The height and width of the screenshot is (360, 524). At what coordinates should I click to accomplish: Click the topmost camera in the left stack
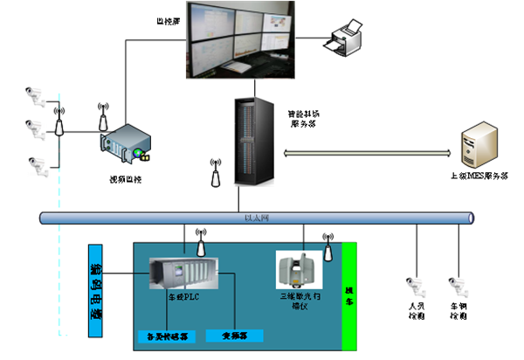point(36,92)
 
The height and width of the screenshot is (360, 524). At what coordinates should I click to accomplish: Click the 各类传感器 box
point(167,336)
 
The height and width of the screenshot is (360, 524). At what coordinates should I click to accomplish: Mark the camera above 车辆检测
point(454,285)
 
